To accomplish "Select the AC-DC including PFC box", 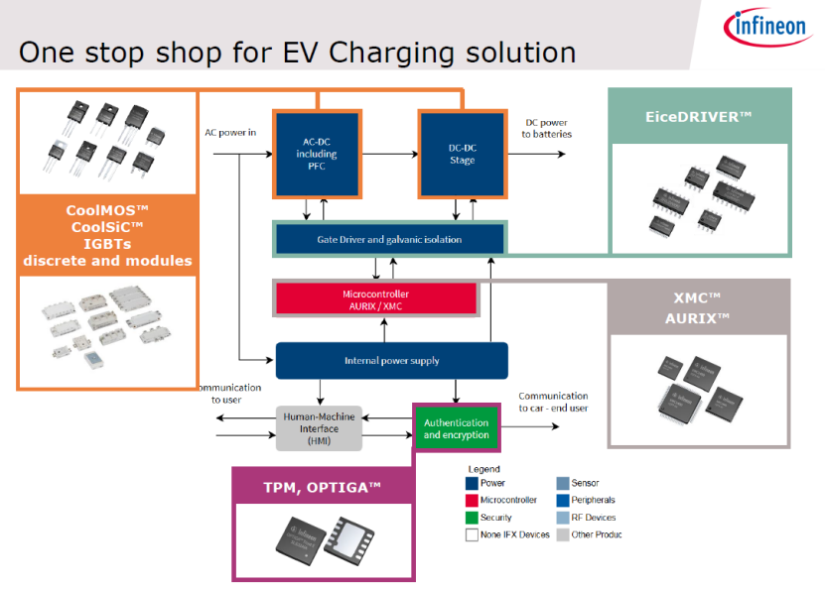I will [x=317, y=154].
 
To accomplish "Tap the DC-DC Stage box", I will [x=462, y=154].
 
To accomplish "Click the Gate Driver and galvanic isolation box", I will [x=389, y=239].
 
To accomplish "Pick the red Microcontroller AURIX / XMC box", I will [x=375, y=299].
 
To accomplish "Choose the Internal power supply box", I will [x=391, y=361].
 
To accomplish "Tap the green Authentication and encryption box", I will [x=456, y=428].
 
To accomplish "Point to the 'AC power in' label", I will [x=230, y=131].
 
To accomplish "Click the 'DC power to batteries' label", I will [x=546, y=129].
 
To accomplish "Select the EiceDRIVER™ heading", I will [x=699, y=117].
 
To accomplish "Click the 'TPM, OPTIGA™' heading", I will [x=322, y=487].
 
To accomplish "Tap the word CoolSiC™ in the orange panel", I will [x=107, y=227].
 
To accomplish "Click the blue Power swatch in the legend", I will [x=472, y=483].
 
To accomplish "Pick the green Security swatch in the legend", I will [x=472, y=518].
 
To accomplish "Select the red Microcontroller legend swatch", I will [x=472, y=501].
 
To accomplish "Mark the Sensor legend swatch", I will [x=562, y=483].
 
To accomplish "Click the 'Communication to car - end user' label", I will [x=553, y=402].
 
